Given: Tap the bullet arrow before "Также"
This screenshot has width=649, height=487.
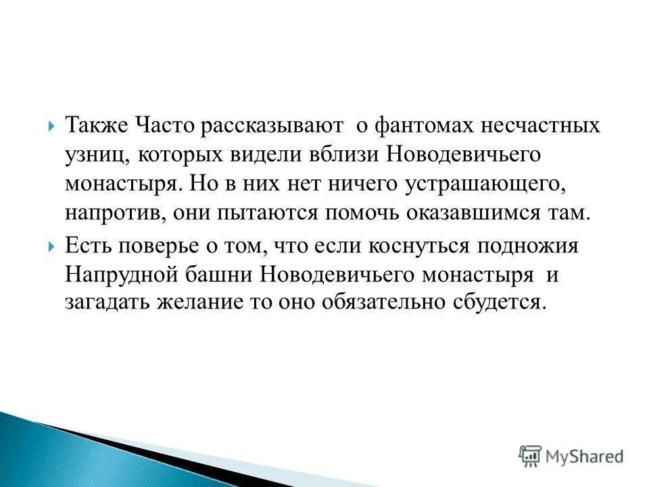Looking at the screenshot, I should tap(52, 126).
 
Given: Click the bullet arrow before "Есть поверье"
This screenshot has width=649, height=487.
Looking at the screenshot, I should tap(52, 246).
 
